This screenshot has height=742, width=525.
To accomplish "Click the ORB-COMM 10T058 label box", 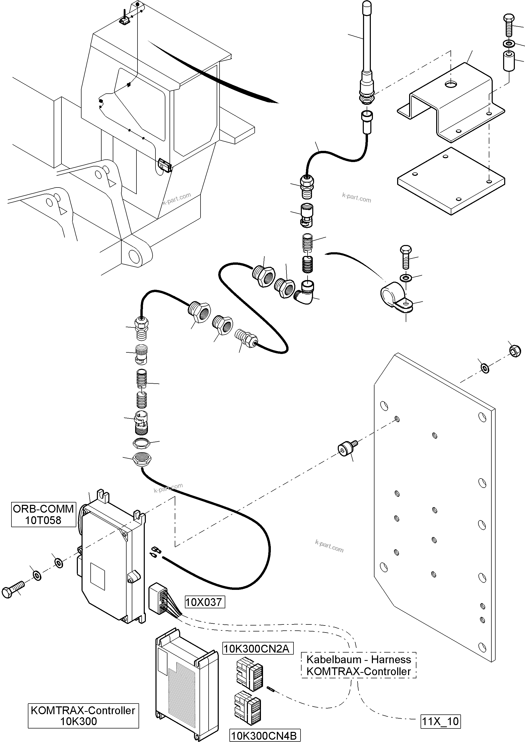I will (43, 514).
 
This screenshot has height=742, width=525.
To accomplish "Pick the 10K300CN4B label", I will (264, 735).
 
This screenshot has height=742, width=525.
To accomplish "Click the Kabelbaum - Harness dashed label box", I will (358, 665).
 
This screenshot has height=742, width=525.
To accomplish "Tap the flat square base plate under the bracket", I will (451, 181).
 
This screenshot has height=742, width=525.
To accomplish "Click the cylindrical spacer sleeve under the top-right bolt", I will (509, 60).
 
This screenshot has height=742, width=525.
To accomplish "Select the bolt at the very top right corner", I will (509, 24).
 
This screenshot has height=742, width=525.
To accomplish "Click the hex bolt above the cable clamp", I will (406, 257).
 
